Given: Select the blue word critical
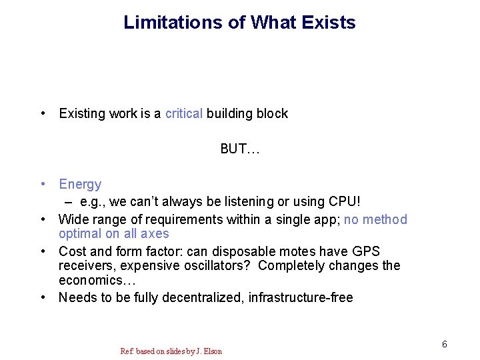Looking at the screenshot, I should click(x=184, y=113).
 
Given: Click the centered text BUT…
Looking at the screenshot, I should click(x=240, y=149).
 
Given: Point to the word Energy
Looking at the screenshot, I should click(x=80, y=184).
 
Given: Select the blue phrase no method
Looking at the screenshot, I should click(x=375, y=219).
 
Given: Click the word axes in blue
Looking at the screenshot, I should click(x=155, y=233).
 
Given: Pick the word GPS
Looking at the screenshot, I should click(x=365, y=251).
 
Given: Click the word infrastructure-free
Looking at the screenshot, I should click(x=301, y=297).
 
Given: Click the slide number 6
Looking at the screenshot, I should click(x=444, y=344).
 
